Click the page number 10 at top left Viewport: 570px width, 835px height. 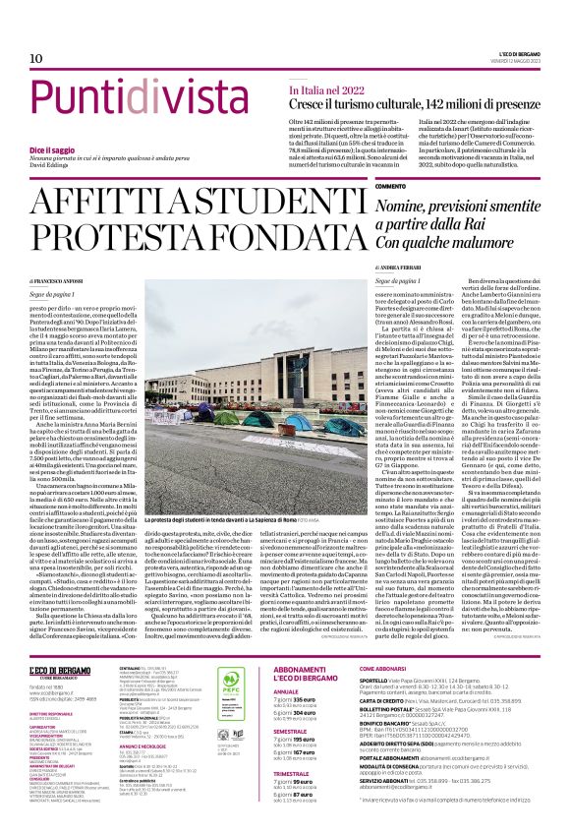point(36,60)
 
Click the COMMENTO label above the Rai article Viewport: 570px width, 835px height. point(390,186)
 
